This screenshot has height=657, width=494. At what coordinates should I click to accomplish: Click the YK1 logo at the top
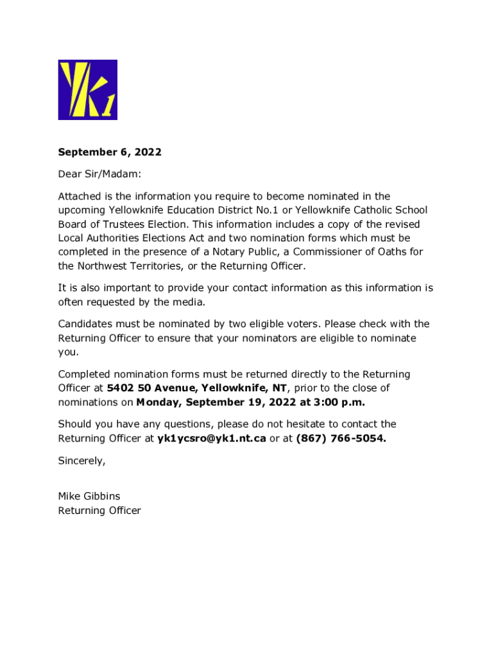coord(87,90)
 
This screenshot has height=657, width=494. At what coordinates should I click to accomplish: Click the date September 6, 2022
coord(110,152)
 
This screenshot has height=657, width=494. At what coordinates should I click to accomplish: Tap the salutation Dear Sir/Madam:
coord(99,174)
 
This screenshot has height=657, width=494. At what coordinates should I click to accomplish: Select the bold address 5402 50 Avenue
coord(144,388)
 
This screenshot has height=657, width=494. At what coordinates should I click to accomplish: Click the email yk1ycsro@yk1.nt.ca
coord(212,438)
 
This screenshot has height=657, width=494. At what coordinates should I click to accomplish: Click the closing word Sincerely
coord(81,460)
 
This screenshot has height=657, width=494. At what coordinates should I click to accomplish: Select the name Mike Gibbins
coord(89,496)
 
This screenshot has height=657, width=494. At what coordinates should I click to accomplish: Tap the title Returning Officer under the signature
coord(99,511)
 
